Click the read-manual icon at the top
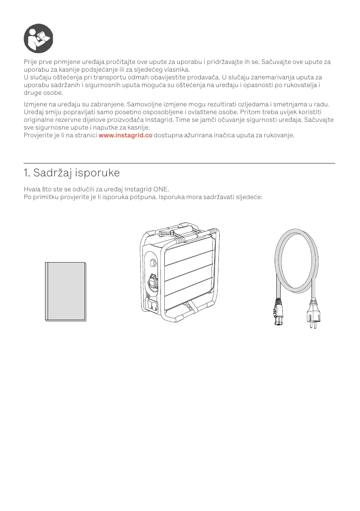click(38, 39)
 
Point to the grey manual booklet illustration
click(66, 290)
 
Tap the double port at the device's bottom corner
click(153, 305)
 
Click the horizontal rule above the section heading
click(179, 163)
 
